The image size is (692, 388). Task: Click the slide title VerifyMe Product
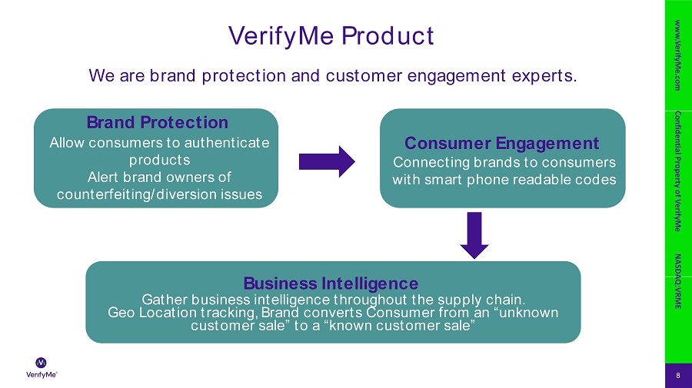[x=331, y=35]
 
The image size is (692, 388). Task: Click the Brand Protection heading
[x=157, y=122]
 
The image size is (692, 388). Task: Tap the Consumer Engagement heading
[x=501, y=143]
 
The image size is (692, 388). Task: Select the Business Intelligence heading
[x=331, y=283]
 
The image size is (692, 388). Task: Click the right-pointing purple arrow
[x=327, y=161]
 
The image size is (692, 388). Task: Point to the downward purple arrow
[x=474, y=236]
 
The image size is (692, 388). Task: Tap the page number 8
[x=677, y=375]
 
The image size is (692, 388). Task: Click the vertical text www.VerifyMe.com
[x=677, y=57]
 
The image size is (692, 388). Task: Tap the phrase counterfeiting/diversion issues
[x=159, y=195]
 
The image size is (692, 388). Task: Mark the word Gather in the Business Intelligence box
[x=165, y=299]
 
